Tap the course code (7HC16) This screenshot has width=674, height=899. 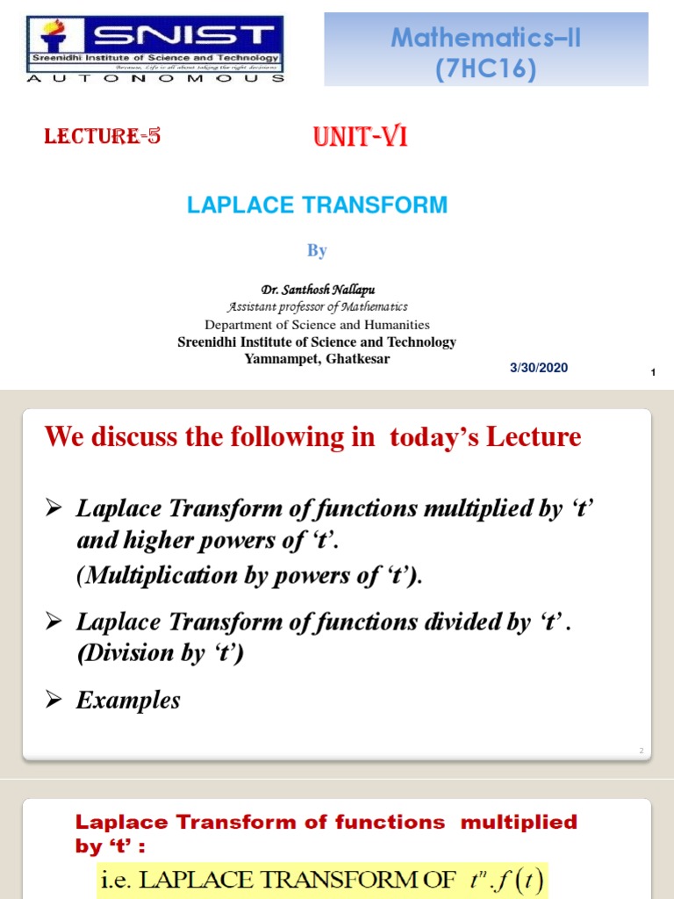click(485, 68)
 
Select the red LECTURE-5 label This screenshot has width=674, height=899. click(103, 136)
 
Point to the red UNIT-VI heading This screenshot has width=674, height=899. click(360, 137)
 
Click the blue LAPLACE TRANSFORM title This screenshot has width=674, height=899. click(317, 205)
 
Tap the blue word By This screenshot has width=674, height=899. click(317, 250)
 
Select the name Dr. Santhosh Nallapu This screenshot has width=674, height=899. click(317, 290)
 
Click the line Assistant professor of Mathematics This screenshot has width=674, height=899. click(317, 306)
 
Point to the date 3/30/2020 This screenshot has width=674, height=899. click(539, 368)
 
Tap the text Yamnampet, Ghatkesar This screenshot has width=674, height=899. click(317, 358)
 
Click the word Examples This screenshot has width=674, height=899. click(128, 700)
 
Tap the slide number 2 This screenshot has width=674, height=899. click(642, 751)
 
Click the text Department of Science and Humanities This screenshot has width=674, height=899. click(317, 324)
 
